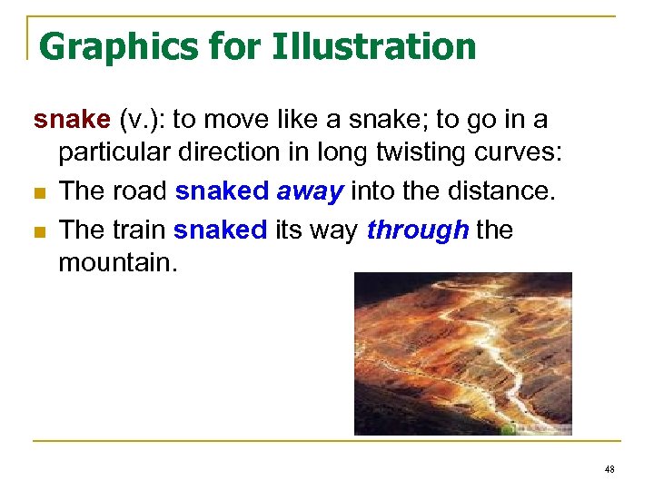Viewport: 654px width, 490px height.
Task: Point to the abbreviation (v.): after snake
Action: click(x=141, y=120)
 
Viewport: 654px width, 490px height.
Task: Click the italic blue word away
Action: click(x=309, y=191)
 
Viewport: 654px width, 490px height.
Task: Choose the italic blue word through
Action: click(x=418, y=230)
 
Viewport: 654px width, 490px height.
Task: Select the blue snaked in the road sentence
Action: click(x=221, y=191)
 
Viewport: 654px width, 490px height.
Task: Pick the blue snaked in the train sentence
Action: click(x=220, y=230)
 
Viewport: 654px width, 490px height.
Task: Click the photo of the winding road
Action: click(x=462, y=354)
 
